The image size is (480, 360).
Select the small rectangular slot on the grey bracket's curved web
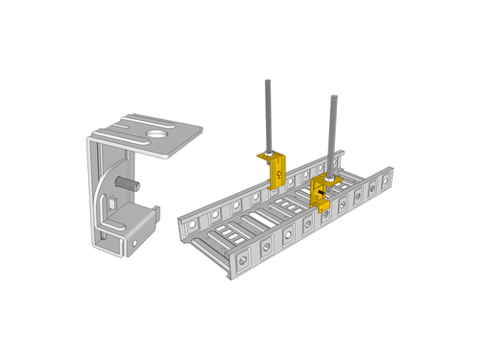pyautogui.click(x=113, y=204)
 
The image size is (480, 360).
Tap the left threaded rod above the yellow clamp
pyautogui.click(x=267, y=115)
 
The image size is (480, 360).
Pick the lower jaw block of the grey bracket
pyautogui.click(x=130, y=228)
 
